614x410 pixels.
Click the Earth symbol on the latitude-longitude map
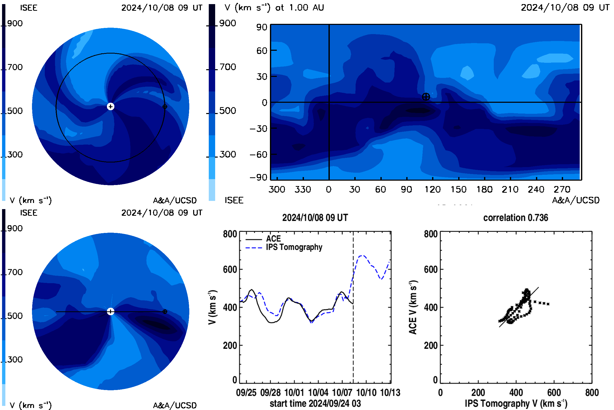[x=426, y=97]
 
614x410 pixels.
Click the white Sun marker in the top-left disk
[x=111, y=106]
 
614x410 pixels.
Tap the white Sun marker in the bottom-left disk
[x=111, y=311]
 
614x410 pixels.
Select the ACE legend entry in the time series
[x=263, y=239]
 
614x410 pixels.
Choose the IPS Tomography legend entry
[x=284, y=247]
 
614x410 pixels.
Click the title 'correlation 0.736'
[x=516, y=218]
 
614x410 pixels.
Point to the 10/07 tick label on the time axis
[x=342, y=392]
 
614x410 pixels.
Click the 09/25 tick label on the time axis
[x=246, y=392]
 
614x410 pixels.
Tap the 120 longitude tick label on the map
[x=433, y=189]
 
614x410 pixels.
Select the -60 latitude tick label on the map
[x=258, y=155]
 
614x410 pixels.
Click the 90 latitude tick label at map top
[x=262, y=27]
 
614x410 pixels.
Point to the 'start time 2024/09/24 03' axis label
[x=315, y=403]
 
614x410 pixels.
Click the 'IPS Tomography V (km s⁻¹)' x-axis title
[x=516, y=403]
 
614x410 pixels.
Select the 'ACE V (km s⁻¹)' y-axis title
[x=413, y=307]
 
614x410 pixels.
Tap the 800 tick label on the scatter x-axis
[x=592, y=392]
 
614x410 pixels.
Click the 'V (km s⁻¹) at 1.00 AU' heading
[x=274, y=8]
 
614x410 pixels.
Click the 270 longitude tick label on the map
[x=562, y=189]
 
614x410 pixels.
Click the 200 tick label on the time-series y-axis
[x=230, y=345]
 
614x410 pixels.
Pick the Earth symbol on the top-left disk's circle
[x=165, y=106]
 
